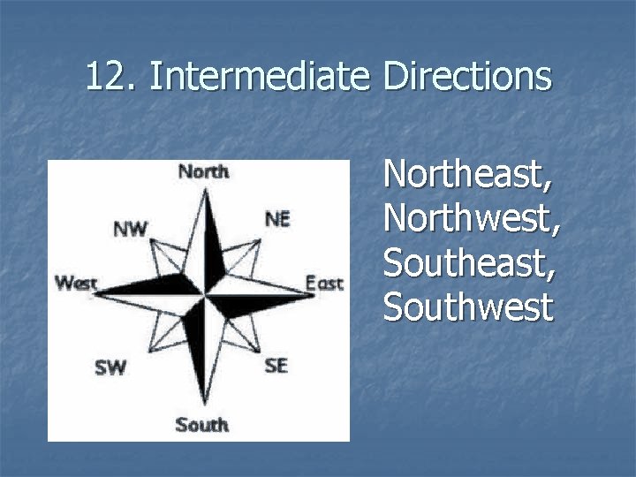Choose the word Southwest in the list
click(x=467, y=307)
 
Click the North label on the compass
click(x=203, y=171)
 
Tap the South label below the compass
click(x=201, y=425)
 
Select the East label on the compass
click(x=324, y=284)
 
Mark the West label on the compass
click(x=75, y=284)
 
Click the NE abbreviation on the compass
click(x=276, y=218)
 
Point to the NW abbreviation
click(x=130, y=230)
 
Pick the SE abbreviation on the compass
click(x=276, y=365)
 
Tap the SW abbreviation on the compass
click(x=110, y=367)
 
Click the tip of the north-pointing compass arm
click(x=206, y=185)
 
